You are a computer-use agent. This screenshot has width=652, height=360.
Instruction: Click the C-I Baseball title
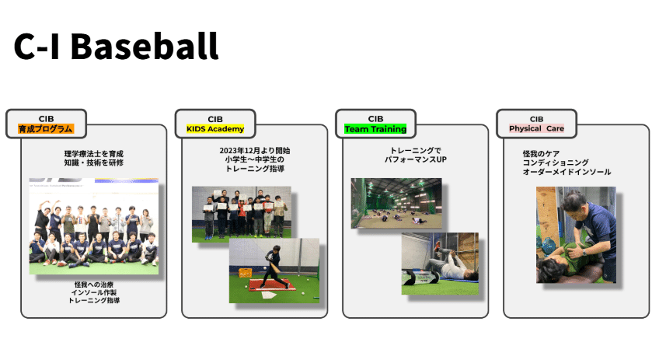point(116,47)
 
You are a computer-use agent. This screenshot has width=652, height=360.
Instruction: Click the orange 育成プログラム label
point(46,128)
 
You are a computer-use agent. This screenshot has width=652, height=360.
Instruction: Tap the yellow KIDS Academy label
point(214,128)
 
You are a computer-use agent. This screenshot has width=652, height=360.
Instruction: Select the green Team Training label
point(376,128)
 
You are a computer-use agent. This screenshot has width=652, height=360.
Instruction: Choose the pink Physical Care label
point(536,128)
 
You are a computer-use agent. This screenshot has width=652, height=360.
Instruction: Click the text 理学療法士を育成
point(93,154)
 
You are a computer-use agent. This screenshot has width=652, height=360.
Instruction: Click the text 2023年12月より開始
point(255,150)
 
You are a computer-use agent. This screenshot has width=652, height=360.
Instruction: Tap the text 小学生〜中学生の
point(255,159)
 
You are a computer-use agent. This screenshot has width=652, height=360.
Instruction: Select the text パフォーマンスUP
point(416,159)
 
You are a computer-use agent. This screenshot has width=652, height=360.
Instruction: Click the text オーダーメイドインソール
point(567,172)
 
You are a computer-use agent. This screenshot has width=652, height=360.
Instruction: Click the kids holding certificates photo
point(242,212)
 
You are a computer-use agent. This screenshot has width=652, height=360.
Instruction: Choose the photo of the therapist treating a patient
point(576,234)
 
